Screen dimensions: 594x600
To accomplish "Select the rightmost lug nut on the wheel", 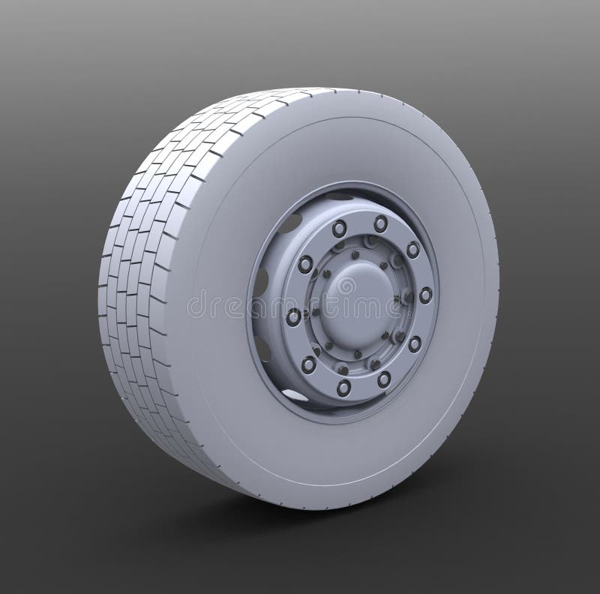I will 425,295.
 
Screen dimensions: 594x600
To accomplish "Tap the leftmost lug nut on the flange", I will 293,316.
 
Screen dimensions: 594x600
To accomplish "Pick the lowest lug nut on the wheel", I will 343,387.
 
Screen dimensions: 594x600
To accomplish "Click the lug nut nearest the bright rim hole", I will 309,364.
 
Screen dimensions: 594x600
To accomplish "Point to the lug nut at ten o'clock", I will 305,263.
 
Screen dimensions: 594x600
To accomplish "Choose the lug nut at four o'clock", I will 414,343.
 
